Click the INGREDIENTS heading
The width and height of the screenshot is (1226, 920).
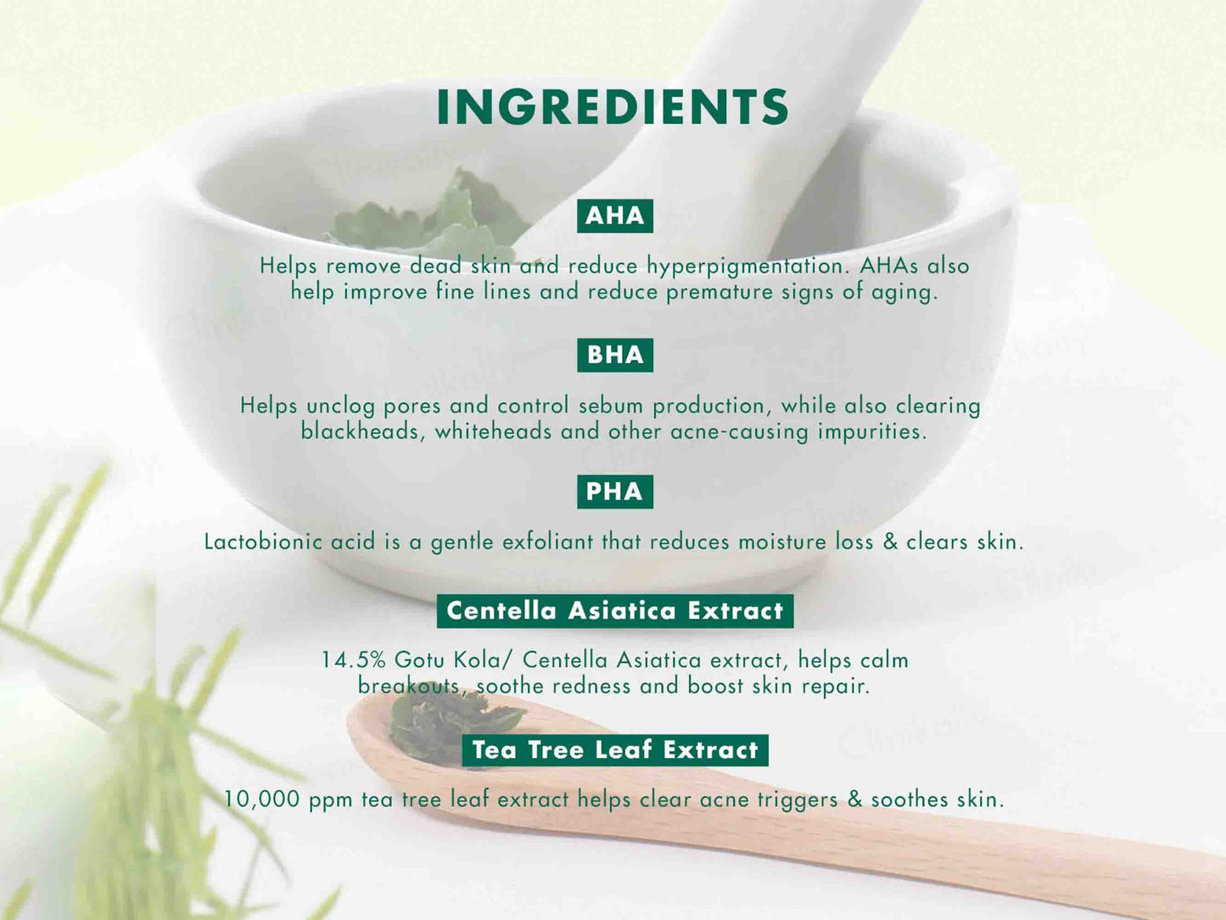(613, 107)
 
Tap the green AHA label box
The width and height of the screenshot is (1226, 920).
(615, 216)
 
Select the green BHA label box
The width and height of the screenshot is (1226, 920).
(615, 355)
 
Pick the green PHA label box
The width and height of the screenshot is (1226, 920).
(615, 491)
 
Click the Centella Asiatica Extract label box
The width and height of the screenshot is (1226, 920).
(615, 610)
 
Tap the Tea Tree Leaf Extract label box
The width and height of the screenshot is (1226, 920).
(615, 749)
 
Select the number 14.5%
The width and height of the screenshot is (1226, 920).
(354, 659)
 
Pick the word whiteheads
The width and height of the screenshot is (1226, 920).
(493, 431)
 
